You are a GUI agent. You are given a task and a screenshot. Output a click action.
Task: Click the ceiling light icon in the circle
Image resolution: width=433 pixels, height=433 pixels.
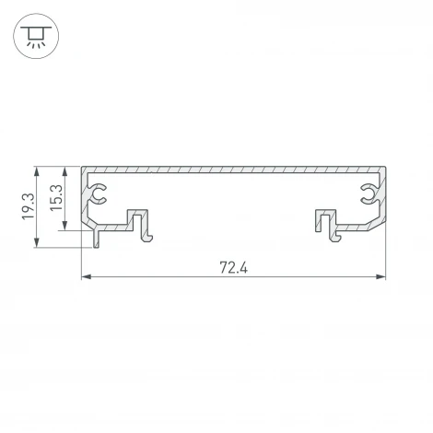(36, 37)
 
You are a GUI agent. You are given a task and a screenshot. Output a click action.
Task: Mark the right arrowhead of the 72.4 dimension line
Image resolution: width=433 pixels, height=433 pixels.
(380, 277)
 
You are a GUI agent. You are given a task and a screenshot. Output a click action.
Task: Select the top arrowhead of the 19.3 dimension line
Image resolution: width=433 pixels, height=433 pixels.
(37, 171)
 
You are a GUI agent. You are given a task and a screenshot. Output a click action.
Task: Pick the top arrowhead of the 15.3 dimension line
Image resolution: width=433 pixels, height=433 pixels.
(65, 171)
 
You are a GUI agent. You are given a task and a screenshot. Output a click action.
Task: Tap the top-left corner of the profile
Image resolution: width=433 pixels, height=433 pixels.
(84, 170)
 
